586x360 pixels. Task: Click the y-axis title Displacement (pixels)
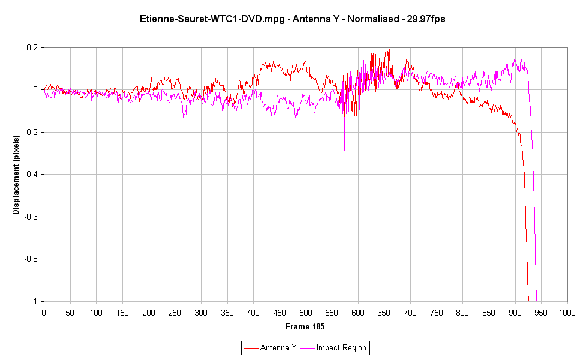click(16, 175)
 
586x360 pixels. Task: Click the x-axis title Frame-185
click(305, 326)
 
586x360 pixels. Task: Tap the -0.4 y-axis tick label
click(31, 174)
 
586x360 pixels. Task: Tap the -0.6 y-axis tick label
click(31, 217)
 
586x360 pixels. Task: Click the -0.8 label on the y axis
click(31, 259)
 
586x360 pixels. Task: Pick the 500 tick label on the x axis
click(305, 313)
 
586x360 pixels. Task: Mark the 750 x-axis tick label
click(437, 313)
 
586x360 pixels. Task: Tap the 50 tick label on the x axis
click(70, 313)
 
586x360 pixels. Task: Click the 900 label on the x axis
click(515, 313)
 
